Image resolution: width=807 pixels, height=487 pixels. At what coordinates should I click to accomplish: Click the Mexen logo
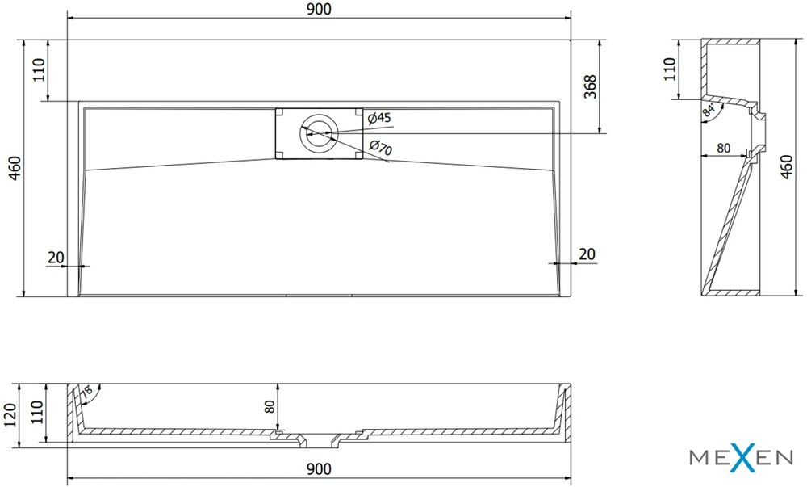point(741,457)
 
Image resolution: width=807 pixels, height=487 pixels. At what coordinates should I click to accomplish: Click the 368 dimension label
point(590,86)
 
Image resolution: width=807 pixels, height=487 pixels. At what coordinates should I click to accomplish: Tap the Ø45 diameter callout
point(379,118)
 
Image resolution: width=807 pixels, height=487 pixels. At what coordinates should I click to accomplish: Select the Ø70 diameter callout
point(381,148)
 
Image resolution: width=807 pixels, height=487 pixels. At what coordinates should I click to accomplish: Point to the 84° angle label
point(709,111)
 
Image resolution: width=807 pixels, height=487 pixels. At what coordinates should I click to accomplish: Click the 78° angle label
point(86,391)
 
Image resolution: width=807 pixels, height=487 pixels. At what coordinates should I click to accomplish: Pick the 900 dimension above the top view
point(319,9)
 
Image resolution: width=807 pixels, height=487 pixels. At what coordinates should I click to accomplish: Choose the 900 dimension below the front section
point(319,469)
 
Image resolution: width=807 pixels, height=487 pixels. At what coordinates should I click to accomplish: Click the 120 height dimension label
point(10,415)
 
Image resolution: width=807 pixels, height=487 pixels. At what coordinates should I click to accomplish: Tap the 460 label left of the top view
point(15,168)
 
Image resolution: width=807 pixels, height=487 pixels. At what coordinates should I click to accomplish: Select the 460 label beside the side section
point(786,167)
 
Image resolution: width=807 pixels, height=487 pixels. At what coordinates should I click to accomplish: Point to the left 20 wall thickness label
point(56,257)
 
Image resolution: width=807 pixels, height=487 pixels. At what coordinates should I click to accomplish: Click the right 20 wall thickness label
point(587,254)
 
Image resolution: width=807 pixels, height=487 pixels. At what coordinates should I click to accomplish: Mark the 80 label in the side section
point(724,148)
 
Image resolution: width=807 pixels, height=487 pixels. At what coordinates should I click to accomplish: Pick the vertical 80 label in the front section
point(270,406)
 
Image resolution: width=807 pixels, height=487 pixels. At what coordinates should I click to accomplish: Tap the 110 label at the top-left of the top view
point(39,70)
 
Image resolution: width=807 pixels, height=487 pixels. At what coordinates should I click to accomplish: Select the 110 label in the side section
point(669,69)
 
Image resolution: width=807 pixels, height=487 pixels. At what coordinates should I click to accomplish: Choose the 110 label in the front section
point(37,413)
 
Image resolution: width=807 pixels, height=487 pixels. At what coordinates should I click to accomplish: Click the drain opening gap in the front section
point(319,439)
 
